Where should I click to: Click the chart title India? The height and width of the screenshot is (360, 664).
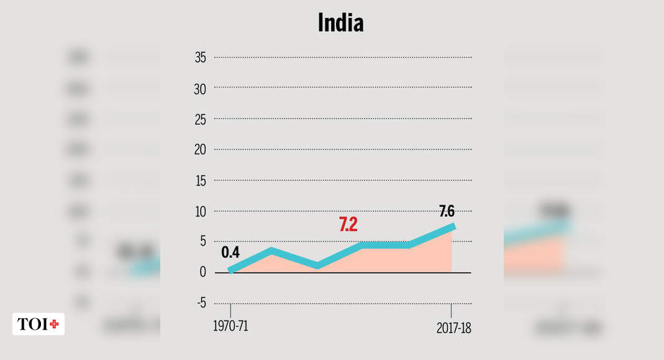click(x=340, y=24)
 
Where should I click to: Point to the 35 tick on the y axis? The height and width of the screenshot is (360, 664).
click(x=200, y=58)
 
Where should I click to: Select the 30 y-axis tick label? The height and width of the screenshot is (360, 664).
click(x=200, y=89)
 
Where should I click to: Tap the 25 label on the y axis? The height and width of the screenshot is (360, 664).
click(x=200, y=119)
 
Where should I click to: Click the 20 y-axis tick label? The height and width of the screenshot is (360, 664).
click(x=200, y=150)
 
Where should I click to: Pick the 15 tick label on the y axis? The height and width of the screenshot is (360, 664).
click(x=200, y=181)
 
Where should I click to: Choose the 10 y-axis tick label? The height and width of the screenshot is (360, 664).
click(x=200, y=211)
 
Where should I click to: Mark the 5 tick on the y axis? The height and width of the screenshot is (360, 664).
click(x=202, y=241)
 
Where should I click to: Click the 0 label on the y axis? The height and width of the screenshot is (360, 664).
click(x=202, y=272)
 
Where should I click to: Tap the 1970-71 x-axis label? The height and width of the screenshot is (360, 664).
click(x=230, y=326)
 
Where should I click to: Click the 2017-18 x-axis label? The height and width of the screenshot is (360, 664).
click(x=453, y=328)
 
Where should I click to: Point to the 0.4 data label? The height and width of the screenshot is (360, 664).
click(x=230, y=253)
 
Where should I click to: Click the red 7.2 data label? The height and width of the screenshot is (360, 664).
click(x=348, y=225)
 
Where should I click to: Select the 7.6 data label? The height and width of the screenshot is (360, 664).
click(x=447, y=211)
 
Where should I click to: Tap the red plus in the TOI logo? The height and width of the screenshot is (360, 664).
click(x=54, y=324)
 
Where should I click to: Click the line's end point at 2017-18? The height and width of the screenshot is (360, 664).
click(x=453, y=227)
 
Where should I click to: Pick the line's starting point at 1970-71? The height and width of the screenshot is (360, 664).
click(x=230, y=271)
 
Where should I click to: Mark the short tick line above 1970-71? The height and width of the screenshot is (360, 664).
click(x=230, y=310)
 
